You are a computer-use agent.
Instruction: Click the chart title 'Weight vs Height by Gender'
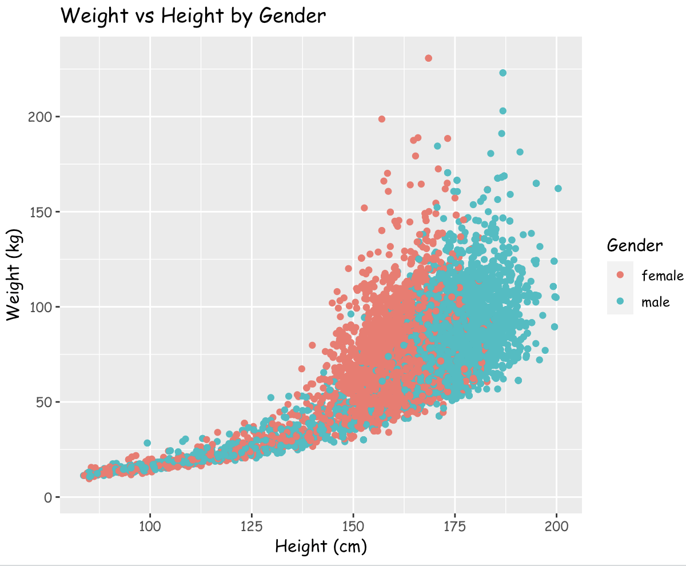click(193, 16)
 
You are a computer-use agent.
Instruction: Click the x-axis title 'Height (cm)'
click(321, 547)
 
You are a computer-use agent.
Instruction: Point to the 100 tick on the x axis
click(150, 526)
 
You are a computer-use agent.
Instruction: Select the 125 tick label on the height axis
click(252, 526)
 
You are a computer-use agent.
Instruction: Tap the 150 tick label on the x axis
click(353, 526)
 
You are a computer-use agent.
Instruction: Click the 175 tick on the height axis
click(455, 526)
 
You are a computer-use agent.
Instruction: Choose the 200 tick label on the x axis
click(557, 526)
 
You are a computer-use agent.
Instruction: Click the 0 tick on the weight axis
click(48, 497)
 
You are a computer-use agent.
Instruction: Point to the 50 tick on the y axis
click(45, 402)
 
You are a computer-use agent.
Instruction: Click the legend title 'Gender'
click(635, 246)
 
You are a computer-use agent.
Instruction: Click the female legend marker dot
click(620, 275)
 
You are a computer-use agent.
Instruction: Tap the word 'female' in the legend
click(663, 276)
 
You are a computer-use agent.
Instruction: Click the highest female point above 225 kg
click(428, 58)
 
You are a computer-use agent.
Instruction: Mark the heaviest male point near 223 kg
click(502, 73)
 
